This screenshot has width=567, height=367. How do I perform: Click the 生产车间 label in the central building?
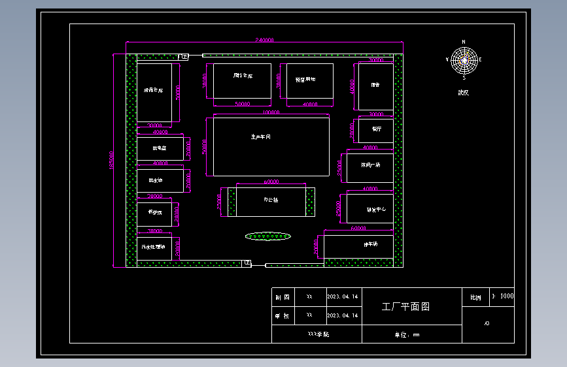[260, 137]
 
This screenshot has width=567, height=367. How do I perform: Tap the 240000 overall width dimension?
[264, 40]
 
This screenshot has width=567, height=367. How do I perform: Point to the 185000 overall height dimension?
[112, 160]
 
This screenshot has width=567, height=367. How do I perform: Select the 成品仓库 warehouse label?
[153, 90]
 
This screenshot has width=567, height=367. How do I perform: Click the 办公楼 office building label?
[271, 200]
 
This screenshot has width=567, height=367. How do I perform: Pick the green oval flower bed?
[268, 236]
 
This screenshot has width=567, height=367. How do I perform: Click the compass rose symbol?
[464, 59]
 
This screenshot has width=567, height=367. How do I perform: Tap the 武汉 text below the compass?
[463, 92]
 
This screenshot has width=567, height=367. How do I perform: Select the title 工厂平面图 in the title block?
[405, 306]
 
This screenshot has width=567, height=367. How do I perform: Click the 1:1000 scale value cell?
[502, 296]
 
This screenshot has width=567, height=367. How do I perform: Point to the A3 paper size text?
[487, 323]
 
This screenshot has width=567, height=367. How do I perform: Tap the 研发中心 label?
[376, 210]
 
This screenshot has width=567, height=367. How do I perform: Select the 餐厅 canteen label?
[377, 129]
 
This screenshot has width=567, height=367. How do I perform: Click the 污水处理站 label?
[154, 247]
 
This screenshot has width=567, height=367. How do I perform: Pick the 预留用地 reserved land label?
[301, 79]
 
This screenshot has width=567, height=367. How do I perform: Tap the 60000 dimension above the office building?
[271, 182]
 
